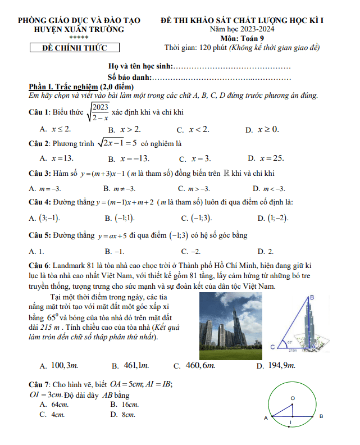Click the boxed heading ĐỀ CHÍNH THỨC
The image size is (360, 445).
pyautogui.click(x=75, y=48)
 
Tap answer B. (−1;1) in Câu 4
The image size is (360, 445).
pyautogui.click(x=120, y=218)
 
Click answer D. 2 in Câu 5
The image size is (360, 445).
pyautogui.click(x=265, y=251)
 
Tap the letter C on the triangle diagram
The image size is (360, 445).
pyautogui.click(x=272, y=347)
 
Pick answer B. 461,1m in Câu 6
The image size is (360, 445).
pyautogui.click(x=130, y=366)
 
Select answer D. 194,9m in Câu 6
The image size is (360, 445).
pyautogui.click(x=276, y=366)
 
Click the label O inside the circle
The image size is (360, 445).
pyautogui.click(x=292, y=398)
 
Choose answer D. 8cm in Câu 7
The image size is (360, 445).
pyautogui.click(x=124, y=415)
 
